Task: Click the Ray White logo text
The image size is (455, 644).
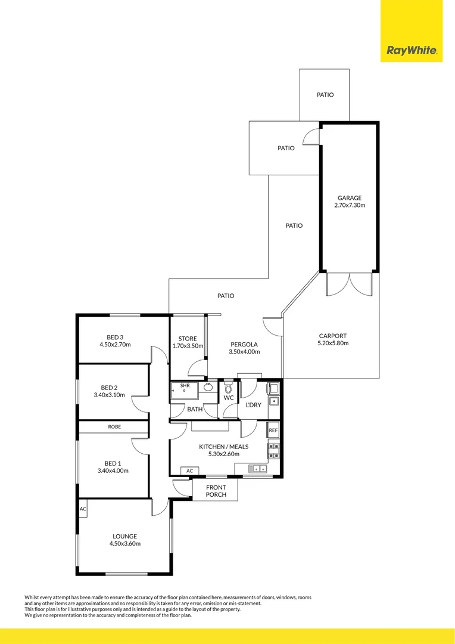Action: pyautogui.click(x=412, y=51)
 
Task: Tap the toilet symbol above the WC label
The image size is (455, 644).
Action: pyautogui.click(x=228, y=388)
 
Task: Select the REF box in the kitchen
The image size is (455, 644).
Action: pyautogui.click(x=273, y=430)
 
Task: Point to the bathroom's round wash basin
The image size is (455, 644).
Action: pyautogui.click(x=208, y=387)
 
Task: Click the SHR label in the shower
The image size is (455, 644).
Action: pyautogui.click(x=185, y=386)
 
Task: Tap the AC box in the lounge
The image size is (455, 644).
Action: pyautogui.click(x=83, y=509)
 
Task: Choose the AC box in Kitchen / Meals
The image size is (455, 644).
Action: pyautogui.click(x=189, y=471)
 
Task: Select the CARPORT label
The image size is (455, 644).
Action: pyautogui.click(x=332, y=336)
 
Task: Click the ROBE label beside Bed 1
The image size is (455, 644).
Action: pyautogui.click(x=114, y=427)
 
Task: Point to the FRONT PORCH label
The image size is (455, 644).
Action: pyautogui.click(x=216, y=491)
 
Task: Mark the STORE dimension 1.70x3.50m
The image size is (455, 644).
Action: pyautogui.click(x=187, y=346)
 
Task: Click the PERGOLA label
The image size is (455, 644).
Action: pyautogui.click(x=244, y=344)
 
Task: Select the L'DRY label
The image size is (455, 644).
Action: pyautogui.click(x=254, y=405)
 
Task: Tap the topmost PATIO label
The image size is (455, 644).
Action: pyautogui.click(x=325, y=95)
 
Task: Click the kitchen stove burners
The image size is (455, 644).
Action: pyautogui.click(x=273, y=451)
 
